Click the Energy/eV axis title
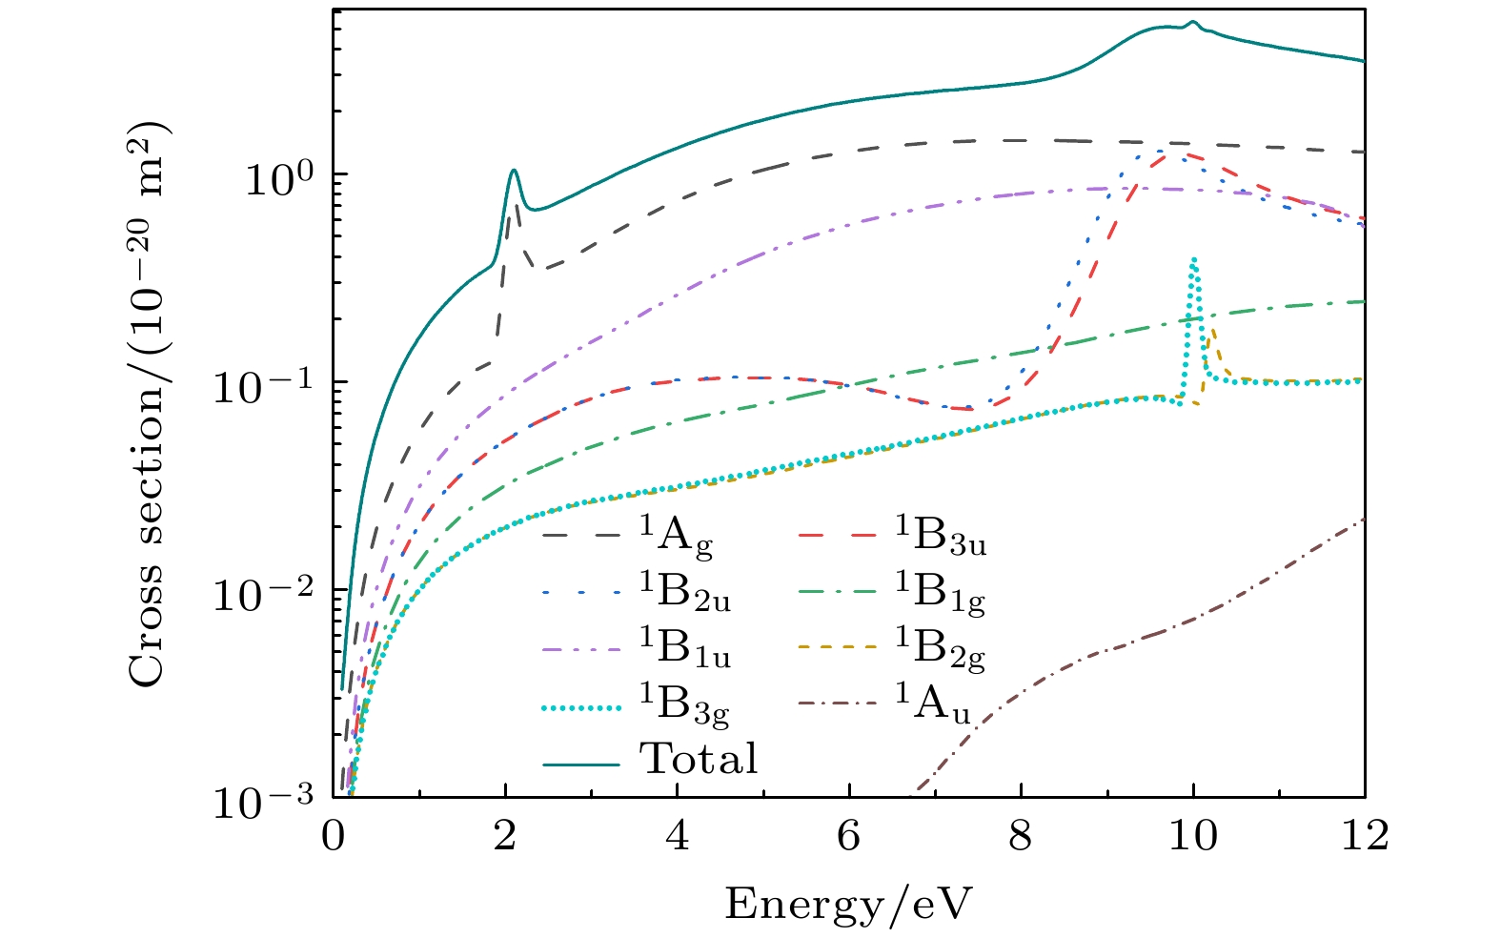coord(849,902)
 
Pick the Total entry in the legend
coord(699,759)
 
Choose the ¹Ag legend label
coord(676,540)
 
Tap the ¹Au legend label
coord(933,704)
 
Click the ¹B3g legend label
coord(684,704)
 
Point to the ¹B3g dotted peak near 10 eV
coord(1193,259)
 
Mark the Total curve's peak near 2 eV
coord(514,171)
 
